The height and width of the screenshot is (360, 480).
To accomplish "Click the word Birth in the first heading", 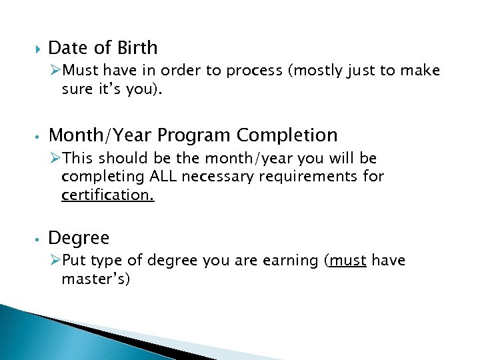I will [137, 48].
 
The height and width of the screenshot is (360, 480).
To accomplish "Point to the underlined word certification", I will [107, 196].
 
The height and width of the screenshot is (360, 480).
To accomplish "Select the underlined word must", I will [347, 260].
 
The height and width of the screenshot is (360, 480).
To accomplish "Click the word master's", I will [95, 279].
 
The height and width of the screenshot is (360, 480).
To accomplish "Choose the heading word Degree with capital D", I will [79, 238].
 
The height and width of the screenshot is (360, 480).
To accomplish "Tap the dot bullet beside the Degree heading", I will [39, 239].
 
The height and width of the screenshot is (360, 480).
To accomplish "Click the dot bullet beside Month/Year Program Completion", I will [39, 136].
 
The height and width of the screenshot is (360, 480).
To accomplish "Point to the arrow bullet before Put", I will [55, 259].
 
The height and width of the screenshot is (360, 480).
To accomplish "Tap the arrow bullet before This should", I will [55, 158].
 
